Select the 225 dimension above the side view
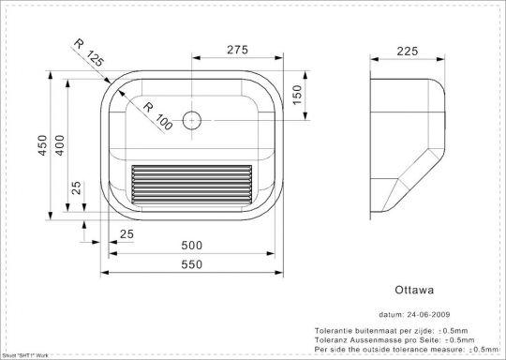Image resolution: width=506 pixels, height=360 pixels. tap(407, 52)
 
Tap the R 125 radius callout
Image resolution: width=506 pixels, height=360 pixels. tap(88, 54)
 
